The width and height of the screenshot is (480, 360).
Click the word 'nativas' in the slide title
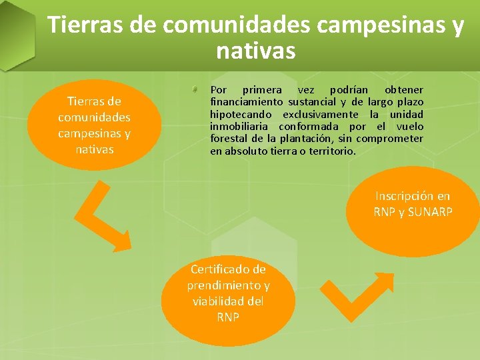256,50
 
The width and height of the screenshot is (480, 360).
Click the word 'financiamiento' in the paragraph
246,102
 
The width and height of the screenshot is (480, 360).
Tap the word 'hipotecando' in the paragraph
241,114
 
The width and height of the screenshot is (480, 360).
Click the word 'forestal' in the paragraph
228,139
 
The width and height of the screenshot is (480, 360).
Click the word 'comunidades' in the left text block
94,117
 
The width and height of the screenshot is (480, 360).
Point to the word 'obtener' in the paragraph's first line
404,90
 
